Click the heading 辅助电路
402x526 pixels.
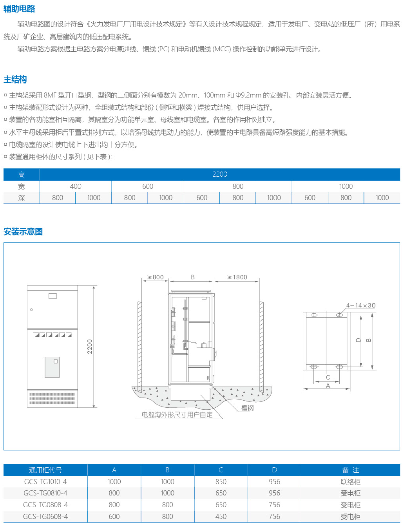(19, 9)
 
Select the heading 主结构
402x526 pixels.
(15, 80)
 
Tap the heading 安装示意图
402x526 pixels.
(23, 232)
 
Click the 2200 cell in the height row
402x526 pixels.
(219, 174)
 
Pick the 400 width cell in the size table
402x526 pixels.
(76, 186)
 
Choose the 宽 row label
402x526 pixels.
(22, 186)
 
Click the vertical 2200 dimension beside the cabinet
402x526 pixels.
(90, 347)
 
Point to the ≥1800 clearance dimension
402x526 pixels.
(237, 277)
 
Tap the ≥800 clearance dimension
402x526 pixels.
(155, 277)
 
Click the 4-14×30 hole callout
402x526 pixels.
(360, 305)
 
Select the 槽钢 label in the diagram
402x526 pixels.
(247, 408)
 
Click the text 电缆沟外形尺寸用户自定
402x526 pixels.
(177, 415)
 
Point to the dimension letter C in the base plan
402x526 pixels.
(328, 378)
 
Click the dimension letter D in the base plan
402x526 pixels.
(358, 340)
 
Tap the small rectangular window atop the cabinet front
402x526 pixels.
(53, 296)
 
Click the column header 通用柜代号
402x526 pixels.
(45, 470)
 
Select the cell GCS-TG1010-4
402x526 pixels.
(45, 482)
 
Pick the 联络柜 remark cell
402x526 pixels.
(350, 482)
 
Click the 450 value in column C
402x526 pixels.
(221, 517)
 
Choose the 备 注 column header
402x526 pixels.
(350, 470)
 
